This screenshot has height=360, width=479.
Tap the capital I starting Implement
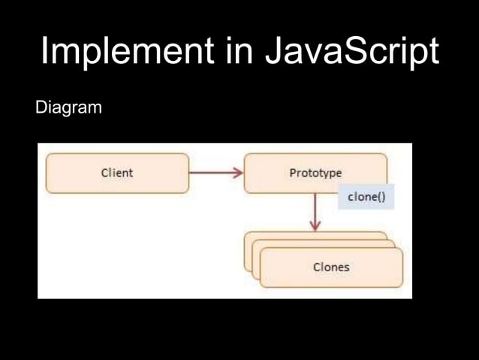(44, 52)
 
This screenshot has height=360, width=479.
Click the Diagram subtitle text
(68, 109)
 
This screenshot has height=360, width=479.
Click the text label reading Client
(117, 173)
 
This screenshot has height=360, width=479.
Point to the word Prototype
(315, 173)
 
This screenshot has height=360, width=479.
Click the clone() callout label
(366, 196)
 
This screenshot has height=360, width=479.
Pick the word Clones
(331, 267)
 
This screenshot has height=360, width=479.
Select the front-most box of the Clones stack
(331, 268)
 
